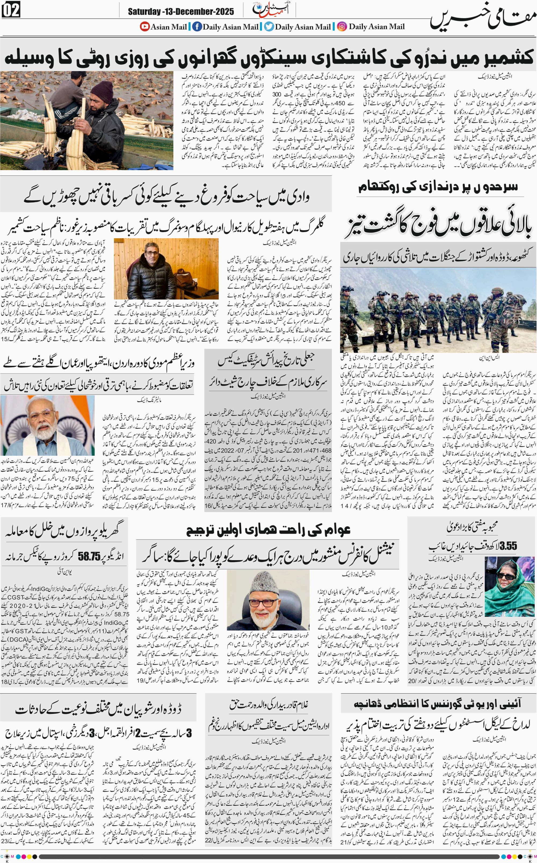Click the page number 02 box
(x=11, y=10)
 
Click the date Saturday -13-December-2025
(x=181, y=12)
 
